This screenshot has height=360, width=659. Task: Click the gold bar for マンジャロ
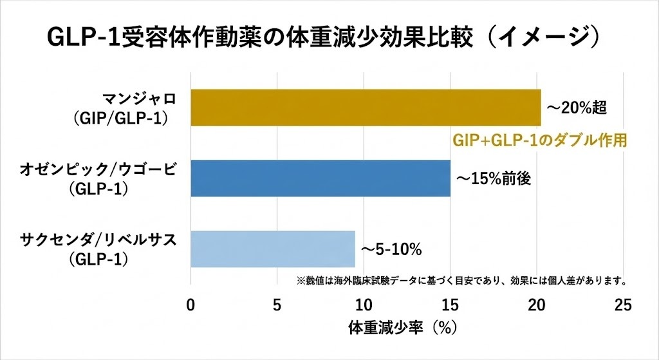coord(365,108)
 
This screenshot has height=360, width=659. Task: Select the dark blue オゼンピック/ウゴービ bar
coord(320,178)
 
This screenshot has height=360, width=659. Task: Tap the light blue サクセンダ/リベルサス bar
coord(272,249)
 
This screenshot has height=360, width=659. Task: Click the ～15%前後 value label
coord(494,179)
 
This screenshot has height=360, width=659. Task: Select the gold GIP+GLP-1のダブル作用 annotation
coord(540,140)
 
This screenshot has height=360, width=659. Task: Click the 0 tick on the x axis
coord(190,305)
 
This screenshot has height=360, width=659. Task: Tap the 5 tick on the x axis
coord(277,305)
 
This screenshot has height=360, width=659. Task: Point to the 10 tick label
coord(364,305)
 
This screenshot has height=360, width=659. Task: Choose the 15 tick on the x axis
coord(450,305)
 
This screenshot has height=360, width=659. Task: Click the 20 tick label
coord(537,305)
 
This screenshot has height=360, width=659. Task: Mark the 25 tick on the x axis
coord(623,305)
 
